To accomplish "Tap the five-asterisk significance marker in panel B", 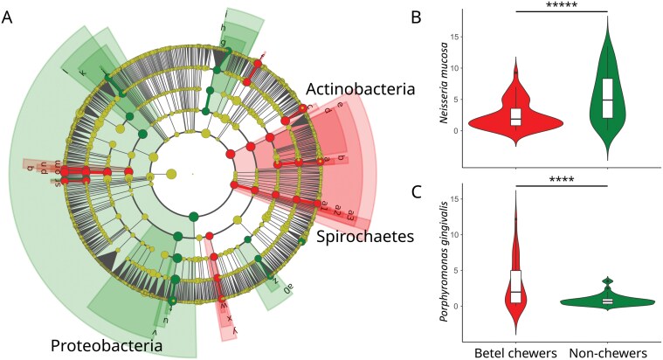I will (x=559, y=6).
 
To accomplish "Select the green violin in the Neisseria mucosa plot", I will (x=606, y=96).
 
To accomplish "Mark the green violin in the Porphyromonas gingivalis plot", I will (x=606, y=301).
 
